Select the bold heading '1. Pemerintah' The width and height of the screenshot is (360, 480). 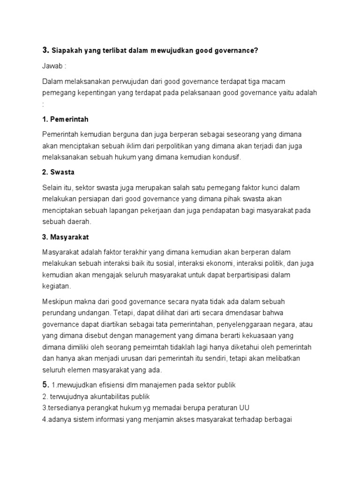(65, 119)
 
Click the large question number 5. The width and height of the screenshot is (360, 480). (45, 385)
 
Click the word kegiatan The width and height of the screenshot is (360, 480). (56, 285)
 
